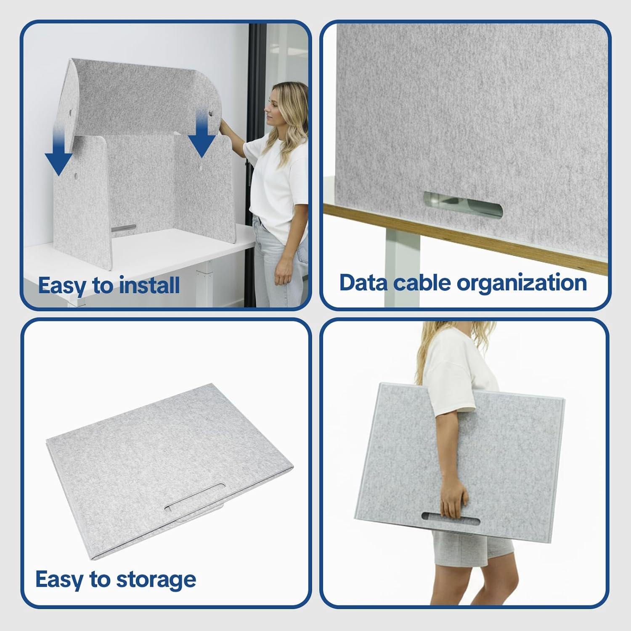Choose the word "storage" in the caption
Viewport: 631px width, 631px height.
(x=156, y=581)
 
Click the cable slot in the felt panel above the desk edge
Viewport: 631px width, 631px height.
(x=463, y=205)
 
